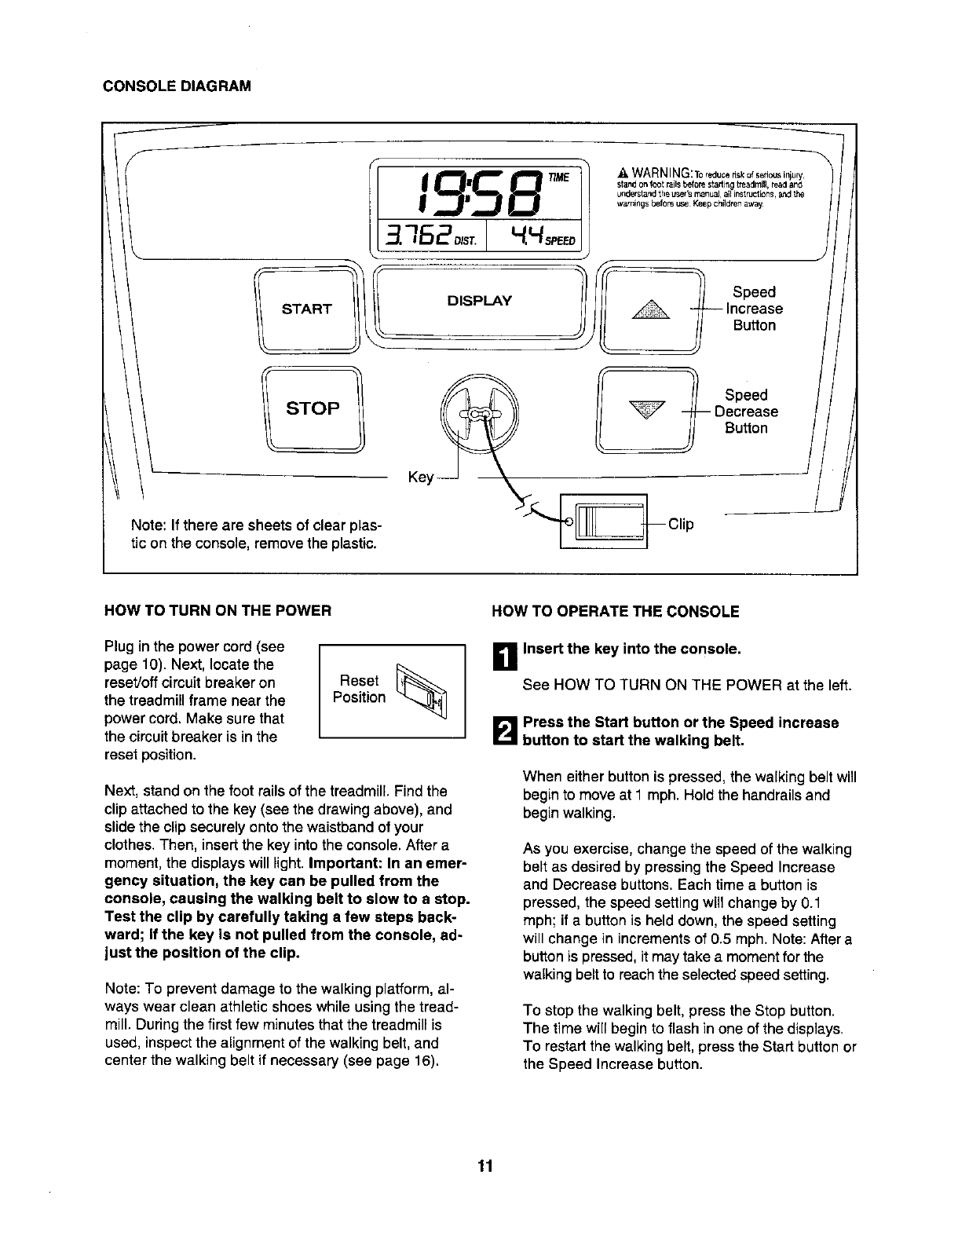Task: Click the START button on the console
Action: pyautogui.click(x=306, y=309)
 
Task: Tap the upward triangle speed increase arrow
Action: pyautogui.click(x=649, y=309)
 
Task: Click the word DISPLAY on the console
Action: pyautogui.click(x=479, y=301)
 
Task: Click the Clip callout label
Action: pyautogui.click(x=681, y=524)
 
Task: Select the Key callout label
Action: pyautogui.click(x=420, y=477)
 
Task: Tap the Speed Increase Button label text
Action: pyautogui.click(x=754, y=309)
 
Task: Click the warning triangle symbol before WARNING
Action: pyautogui.click(x=621, y=172)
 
